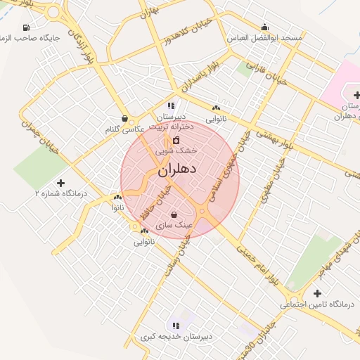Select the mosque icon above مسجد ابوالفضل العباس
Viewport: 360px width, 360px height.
tap(264, 27)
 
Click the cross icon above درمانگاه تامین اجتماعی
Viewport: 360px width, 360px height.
tap(317, 293)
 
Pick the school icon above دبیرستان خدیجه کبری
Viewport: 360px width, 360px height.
tap(176, 326)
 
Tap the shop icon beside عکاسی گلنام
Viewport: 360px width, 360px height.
tap(124, 119)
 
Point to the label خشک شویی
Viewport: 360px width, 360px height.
tap(181, 150)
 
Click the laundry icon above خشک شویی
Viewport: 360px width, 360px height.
tap(176, 141)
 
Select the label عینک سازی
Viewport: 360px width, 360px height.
tap(169, 225)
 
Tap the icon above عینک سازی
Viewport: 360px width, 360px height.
tap(174, 214)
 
